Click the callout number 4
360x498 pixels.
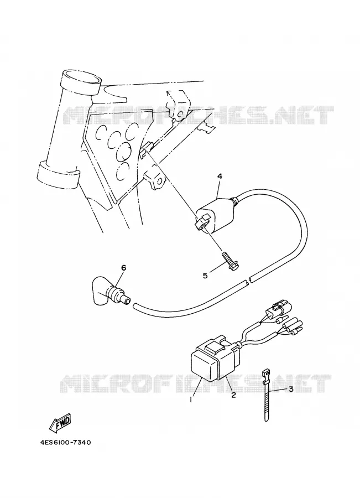point(219,177)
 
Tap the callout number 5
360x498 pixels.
point(205,276)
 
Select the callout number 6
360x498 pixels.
point(123,268)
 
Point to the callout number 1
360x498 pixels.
point(191,400)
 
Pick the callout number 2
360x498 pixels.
point(233,396)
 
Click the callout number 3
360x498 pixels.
point(291,389)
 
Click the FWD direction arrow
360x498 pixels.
point(60,423)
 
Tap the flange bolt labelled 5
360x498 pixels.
point(232,261)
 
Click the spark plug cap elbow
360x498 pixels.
point(110,290)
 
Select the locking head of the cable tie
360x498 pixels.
point(266,372)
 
